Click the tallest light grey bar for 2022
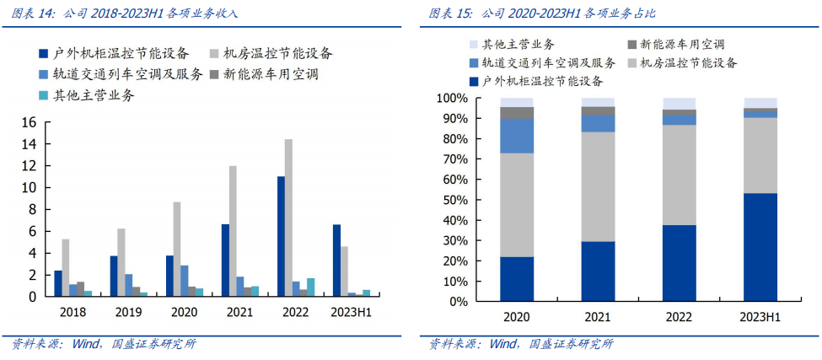pyautogui.click(x=288, y=218)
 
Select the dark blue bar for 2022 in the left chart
pyautogui.click(x=281, y=236)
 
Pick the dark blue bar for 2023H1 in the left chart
pyautogui.click(x=337, y=261)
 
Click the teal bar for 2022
pyautogui.click(x=310, y=287)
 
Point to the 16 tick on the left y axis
pyautogui.click(x=28, y=122)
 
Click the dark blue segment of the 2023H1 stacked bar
pyautogui.click(x=760, y=247)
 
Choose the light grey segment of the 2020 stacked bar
pyautogui.click(x=517, y=205)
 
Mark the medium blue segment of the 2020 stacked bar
pyautogui.click(x=517, y=136)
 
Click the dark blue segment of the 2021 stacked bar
pyautogui.click(x=598, y=271)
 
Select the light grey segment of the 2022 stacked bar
pyautogui.click(x=679, y=175)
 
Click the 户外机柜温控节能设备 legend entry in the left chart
pyautogui.click(x=116, y=53)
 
